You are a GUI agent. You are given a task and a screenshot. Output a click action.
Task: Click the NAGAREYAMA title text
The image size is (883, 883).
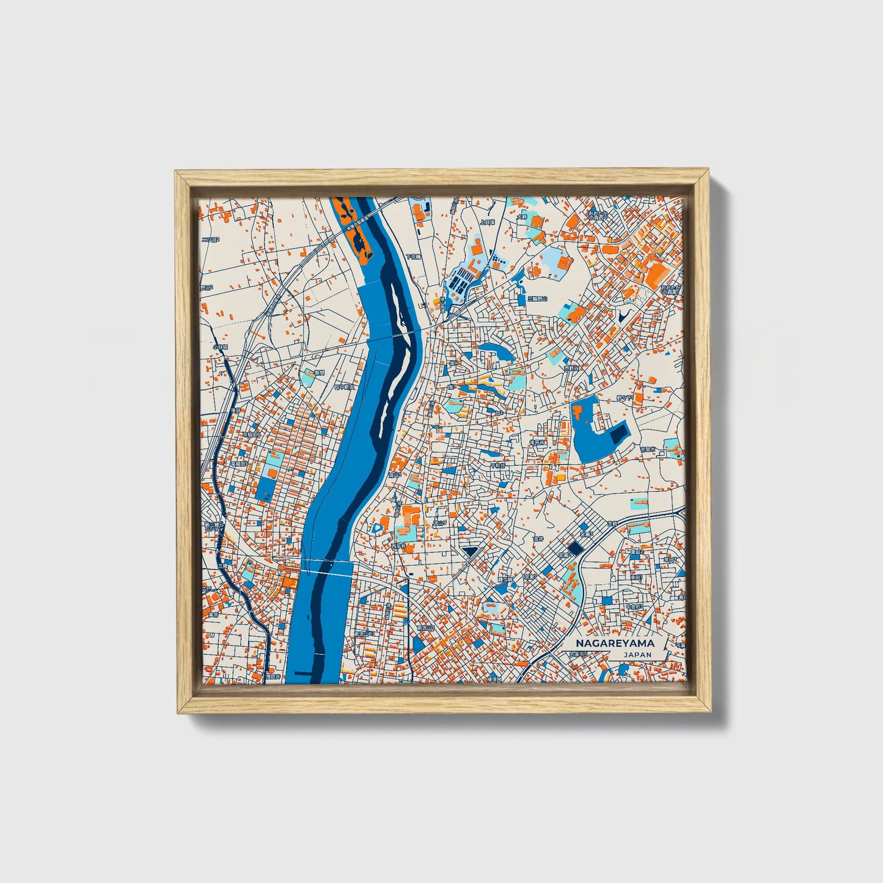pyautogui.click(x=615, y=643)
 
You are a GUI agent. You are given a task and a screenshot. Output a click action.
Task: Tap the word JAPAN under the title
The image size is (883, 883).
pyautogui.click(x=638, y=654)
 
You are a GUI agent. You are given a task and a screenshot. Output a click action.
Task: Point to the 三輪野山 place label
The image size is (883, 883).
pyautogui.click(x=538, y=298)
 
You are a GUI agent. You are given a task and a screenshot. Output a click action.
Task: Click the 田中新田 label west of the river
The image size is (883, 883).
pyautogui.click(x=343, y=387)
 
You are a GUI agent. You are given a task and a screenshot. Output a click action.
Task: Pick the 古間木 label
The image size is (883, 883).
pyautogui.click(x=648, y=449)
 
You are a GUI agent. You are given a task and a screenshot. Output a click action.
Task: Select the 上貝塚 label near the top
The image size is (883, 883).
pyautogui.click(x=486, y=222)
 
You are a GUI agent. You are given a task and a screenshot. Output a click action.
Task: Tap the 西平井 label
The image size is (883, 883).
pyautogui.click(x=398, y=546)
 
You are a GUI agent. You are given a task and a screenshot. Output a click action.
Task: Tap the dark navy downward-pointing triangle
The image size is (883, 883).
pyautogui.click(x=470, y=552)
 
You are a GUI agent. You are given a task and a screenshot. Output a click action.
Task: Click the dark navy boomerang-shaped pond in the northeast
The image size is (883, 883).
pyautogui.click(x=623, y=317)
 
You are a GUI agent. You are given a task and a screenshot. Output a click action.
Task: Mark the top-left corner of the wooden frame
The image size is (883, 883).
pyautogui.click(x=177, y=174)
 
